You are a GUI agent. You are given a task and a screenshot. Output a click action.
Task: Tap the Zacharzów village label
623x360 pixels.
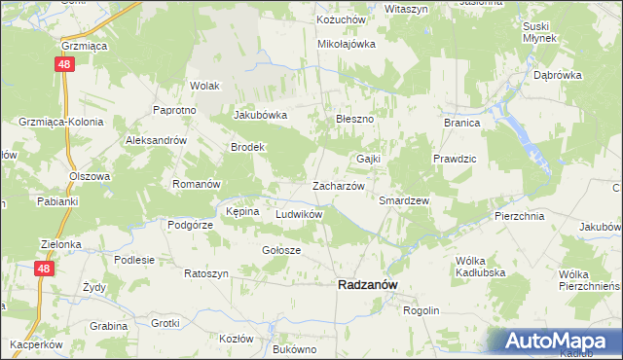pos(338,185)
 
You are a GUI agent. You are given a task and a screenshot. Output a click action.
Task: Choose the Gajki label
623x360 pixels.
pos(368,158)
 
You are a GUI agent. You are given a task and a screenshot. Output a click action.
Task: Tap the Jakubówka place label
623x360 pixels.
pos(260,115)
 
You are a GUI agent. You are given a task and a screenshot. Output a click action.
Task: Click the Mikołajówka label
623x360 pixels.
pos(347,44)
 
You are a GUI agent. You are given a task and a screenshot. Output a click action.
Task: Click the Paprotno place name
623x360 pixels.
pos(175,110)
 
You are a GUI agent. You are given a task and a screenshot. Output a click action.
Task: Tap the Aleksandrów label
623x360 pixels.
pos(156,140)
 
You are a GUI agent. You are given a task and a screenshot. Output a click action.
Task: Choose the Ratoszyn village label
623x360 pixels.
pos(205,273)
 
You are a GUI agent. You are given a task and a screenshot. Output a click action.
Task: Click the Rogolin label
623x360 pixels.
pos(421,310)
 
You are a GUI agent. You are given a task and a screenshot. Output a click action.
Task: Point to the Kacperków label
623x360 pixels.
pos(37,345)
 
